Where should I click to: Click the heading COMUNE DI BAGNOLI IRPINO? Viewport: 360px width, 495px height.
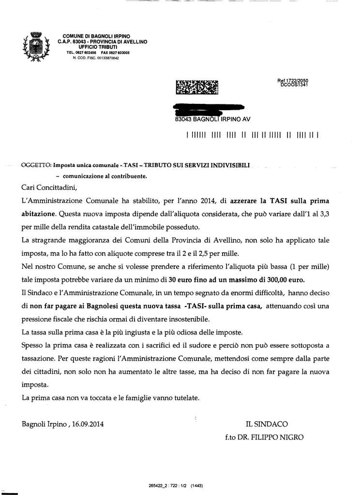tap(93, 37)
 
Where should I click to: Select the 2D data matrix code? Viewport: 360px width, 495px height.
tap(196, 87)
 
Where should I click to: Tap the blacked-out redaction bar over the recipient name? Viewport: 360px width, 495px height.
tap(209, 108)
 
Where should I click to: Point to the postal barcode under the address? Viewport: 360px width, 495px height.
tap(252, 136)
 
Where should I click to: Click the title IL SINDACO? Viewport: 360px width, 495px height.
tap(267, 424)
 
